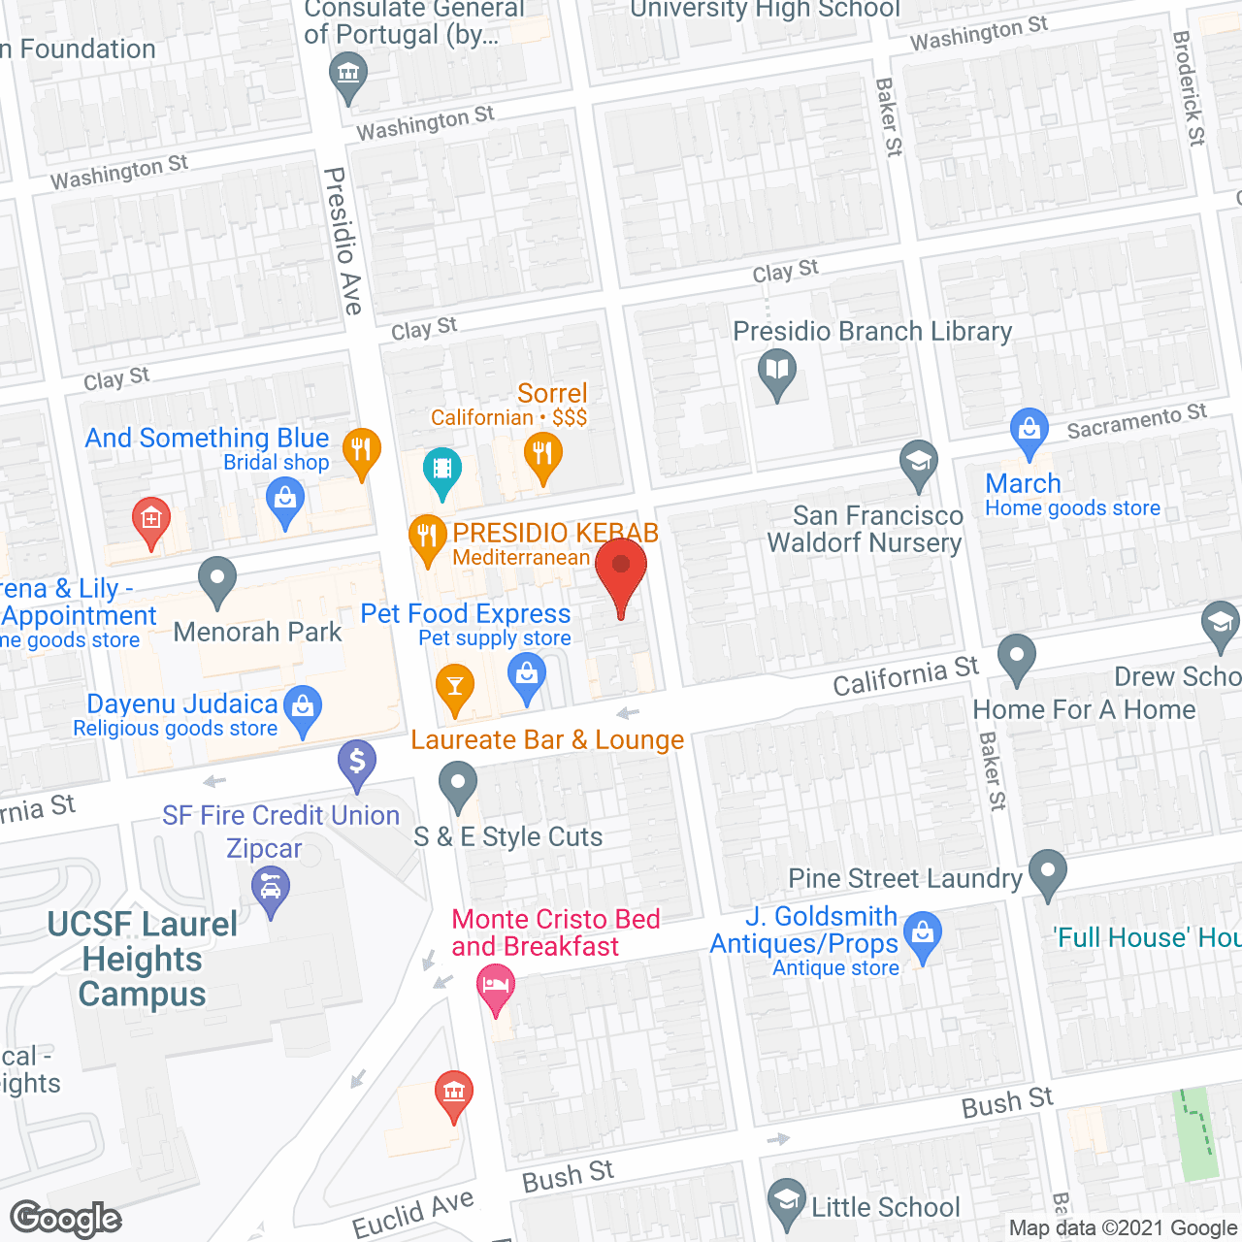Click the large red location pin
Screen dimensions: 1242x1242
(621, 569)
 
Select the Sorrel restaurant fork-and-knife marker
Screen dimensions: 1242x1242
(542, 454)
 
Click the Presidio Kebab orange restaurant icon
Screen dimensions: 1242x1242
(427, 536)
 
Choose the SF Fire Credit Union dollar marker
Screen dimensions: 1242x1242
(357, 761)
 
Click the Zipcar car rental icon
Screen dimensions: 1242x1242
(271, 888)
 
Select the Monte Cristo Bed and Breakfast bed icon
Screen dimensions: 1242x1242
(496, 985)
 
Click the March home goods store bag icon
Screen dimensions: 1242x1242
(1030, 429)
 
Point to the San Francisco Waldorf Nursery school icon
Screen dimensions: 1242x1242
(918, 462)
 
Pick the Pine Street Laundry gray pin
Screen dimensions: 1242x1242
(1047, 870)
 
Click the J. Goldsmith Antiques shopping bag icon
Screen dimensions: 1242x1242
(923, 934)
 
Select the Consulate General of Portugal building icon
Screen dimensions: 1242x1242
(347, 74)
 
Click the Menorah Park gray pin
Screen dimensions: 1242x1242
(217, 579)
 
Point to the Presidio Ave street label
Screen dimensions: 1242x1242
(343, 241)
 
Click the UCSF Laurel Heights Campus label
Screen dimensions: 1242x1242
(143, 959)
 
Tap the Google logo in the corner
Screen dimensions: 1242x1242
(66, 1219)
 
